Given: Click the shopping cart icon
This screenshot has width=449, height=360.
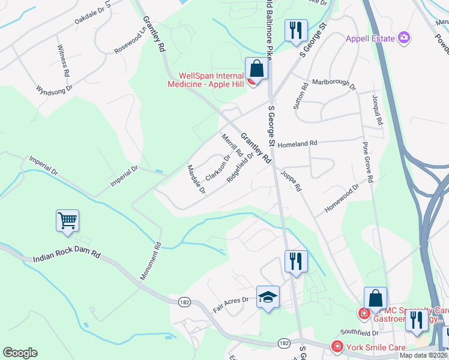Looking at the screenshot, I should point(67,220).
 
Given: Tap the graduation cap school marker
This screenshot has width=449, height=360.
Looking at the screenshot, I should point(268,297).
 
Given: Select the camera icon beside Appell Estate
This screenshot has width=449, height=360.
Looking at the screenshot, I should point(405,38).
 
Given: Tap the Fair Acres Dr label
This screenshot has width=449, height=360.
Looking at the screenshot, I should point(231,304).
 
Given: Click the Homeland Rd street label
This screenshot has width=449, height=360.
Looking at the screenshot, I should point(297,144).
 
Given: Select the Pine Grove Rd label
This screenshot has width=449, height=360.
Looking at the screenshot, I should point(369,162).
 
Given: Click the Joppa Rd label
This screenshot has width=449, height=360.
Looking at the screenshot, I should point(291,180).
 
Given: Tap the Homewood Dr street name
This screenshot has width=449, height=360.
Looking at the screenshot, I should point(341,198).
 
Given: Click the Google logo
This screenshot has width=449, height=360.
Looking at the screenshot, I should point(20,353).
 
